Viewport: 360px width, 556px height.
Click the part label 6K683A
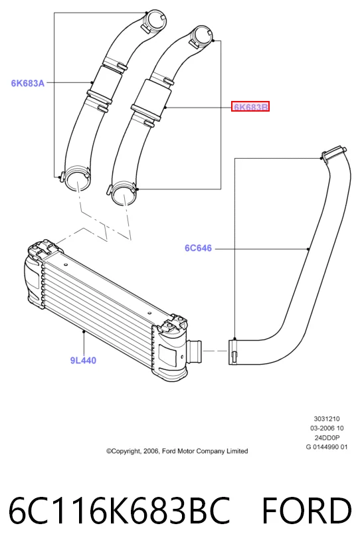point(28,83)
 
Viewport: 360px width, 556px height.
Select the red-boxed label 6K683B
point(250,106)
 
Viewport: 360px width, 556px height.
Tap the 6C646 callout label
point(198,248)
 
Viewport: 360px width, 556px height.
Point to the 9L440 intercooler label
point(83,361)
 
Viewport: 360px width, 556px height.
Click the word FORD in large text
point(307,511)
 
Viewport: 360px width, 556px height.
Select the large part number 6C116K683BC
point(119,511)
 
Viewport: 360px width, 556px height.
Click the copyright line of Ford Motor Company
point(177,451)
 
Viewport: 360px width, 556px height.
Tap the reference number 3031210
point(327,418)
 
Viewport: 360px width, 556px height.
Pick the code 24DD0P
point(327,438)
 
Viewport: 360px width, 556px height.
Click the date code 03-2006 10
point(327,428)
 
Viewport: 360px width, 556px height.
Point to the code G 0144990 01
point(327,447)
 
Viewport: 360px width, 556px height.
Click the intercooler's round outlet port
point(195,350)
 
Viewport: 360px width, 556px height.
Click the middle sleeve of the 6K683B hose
point(151,100)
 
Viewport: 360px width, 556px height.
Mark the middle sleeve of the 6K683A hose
point(106,84)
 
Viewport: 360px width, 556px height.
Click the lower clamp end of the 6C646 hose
point(233,351)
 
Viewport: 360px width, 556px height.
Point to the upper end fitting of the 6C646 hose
point(333,153)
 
